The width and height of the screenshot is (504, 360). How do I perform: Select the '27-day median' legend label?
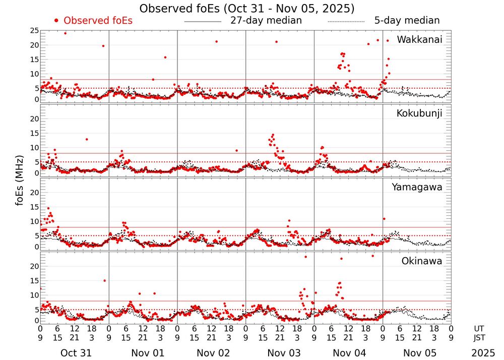(266, 21)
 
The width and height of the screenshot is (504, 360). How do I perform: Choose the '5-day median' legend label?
(407, 21)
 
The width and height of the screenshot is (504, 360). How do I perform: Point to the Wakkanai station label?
(419, 40)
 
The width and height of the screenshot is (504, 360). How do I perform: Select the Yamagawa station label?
(417, 187)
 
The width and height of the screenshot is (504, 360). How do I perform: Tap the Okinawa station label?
(421, 261)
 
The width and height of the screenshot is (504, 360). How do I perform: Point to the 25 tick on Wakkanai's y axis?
(34, 31)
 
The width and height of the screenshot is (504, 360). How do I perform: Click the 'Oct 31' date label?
(75, 353)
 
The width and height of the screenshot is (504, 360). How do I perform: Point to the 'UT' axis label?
(483, 328)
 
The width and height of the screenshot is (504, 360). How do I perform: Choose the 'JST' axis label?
(483, 338)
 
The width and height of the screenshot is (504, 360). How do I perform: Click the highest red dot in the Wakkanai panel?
(65, 33)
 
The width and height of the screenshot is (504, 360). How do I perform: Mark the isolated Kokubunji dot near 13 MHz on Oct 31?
(87, 139)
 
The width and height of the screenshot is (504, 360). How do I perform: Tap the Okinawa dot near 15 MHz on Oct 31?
(104, 280)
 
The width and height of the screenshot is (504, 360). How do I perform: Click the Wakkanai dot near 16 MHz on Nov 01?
(165, 57)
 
